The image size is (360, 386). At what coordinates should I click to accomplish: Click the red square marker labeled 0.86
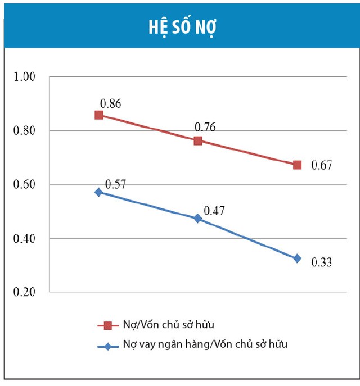click(99, 115)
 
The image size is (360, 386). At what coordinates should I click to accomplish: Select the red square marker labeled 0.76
click(198, 140)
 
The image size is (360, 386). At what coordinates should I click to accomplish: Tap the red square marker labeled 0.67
click(297, 165)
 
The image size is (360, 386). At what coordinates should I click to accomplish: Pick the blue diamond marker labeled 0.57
click(99, 192)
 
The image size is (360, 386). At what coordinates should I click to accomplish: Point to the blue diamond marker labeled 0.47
click(198, 218)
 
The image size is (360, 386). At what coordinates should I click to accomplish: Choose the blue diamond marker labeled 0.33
click(297, 258)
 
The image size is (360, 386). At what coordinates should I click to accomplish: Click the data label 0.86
click(111, 103)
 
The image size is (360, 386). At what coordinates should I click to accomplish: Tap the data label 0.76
click(205, 127)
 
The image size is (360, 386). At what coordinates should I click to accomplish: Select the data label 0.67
click(322, 165)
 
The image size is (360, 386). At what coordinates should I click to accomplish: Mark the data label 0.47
click(214, 211)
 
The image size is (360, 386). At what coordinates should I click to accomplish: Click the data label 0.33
click(322, 262)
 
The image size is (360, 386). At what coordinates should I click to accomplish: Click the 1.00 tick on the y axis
click(25, 77)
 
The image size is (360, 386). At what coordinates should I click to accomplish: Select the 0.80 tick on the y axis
click(25, 131)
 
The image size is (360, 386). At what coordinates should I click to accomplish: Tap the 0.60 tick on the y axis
click(25, 185)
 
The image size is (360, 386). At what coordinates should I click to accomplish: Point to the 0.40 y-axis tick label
click(25, 239)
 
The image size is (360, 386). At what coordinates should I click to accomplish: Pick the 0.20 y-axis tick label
click(25, 293)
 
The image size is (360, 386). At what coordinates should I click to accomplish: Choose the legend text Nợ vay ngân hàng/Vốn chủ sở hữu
click(205, 344)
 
